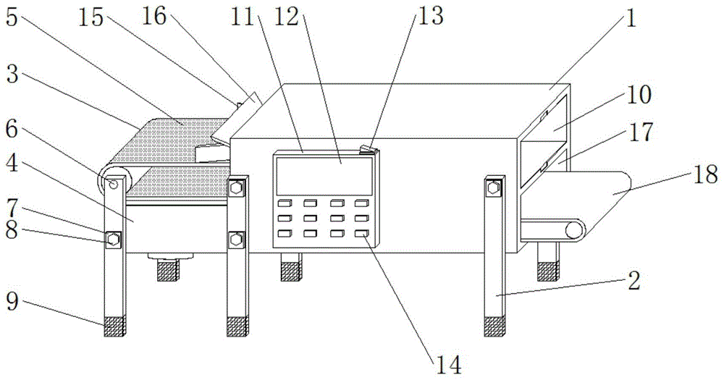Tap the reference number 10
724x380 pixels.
click(x=640, y=95)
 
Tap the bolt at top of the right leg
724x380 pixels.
click(x=494, y=188)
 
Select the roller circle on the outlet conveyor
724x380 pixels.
click(x=573, y=231)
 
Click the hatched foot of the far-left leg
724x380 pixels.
click(x=114, y=327)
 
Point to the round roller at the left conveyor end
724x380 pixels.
click(x=113, y=182)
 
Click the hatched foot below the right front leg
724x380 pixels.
click(x=494, y=326)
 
